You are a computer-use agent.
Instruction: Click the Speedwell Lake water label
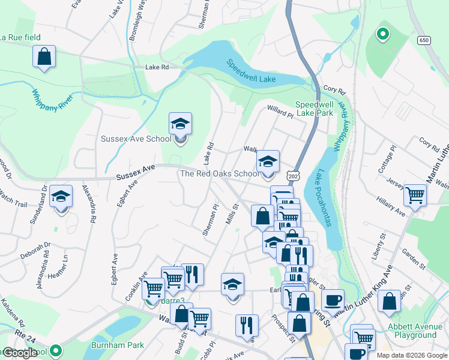click(251, 71)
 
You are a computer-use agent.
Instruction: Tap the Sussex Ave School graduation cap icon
click(180, 124)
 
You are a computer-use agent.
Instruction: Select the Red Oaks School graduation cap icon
click(268, 161)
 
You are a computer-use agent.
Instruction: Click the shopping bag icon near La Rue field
click(44, 57)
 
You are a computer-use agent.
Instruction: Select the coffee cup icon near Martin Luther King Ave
click(333, 300)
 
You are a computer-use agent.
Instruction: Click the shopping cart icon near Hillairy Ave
click(415, 195)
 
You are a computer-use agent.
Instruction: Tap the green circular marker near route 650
click(381, 34)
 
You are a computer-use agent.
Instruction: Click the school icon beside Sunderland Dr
click(61, 196)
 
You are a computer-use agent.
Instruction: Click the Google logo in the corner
click(20, 353)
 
